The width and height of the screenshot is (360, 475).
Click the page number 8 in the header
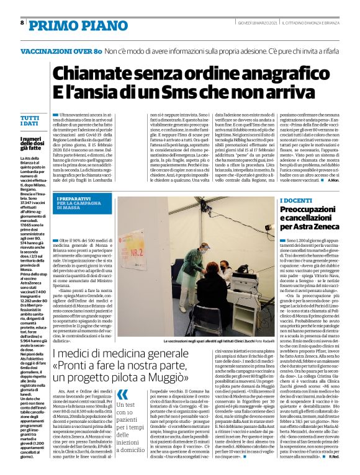point(22,23)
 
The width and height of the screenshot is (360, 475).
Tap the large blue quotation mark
point(123,395)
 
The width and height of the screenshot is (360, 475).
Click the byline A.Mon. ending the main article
point(332,180)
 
